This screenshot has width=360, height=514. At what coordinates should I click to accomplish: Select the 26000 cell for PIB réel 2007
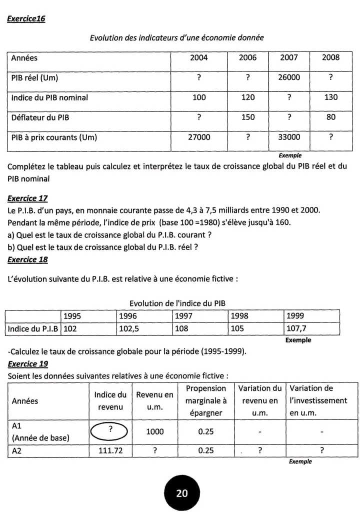tap(289, 77)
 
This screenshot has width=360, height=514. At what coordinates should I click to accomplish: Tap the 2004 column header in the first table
tap(199, 57)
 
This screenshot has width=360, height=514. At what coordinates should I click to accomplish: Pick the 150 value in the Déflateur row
tap(248, 117)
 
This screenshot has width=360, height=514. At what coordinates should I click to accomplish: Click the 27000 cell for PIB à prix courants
tap(199, 137)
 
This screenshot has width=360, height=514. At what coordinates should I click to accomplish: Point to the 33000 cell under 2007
tap(289, 137)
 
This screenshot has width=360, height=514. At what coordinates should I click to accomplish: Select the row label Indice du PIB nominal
tap(49, 97)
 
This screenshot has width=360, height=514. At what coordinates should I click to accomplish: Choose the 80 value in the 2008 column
tap(330, 117)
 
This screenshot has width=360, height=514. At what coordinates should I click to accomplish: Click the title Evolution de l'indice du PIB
tap(178, 303)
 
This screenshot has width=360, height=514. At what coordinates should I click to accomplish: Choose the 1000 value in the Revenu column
tap(155, 431)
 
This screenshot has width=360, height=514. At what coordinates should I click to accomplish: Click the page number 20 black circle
tap(182, 493)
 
